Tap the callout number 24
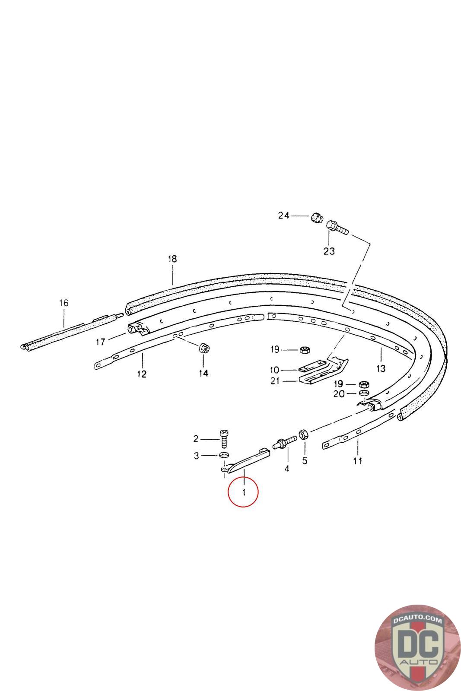click(x=283, y=216)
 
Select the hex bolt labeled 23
click(x=337, y=227)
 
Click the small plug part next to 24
click(x=316, y=217)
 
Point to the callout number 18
click(x=172, y=259)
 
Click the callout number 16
click(x=64, y=303)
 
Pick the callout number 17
click(x=101, y=342)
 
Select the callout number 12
click(x=142, y=374)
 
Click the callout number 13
click(x=381, y=368)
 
